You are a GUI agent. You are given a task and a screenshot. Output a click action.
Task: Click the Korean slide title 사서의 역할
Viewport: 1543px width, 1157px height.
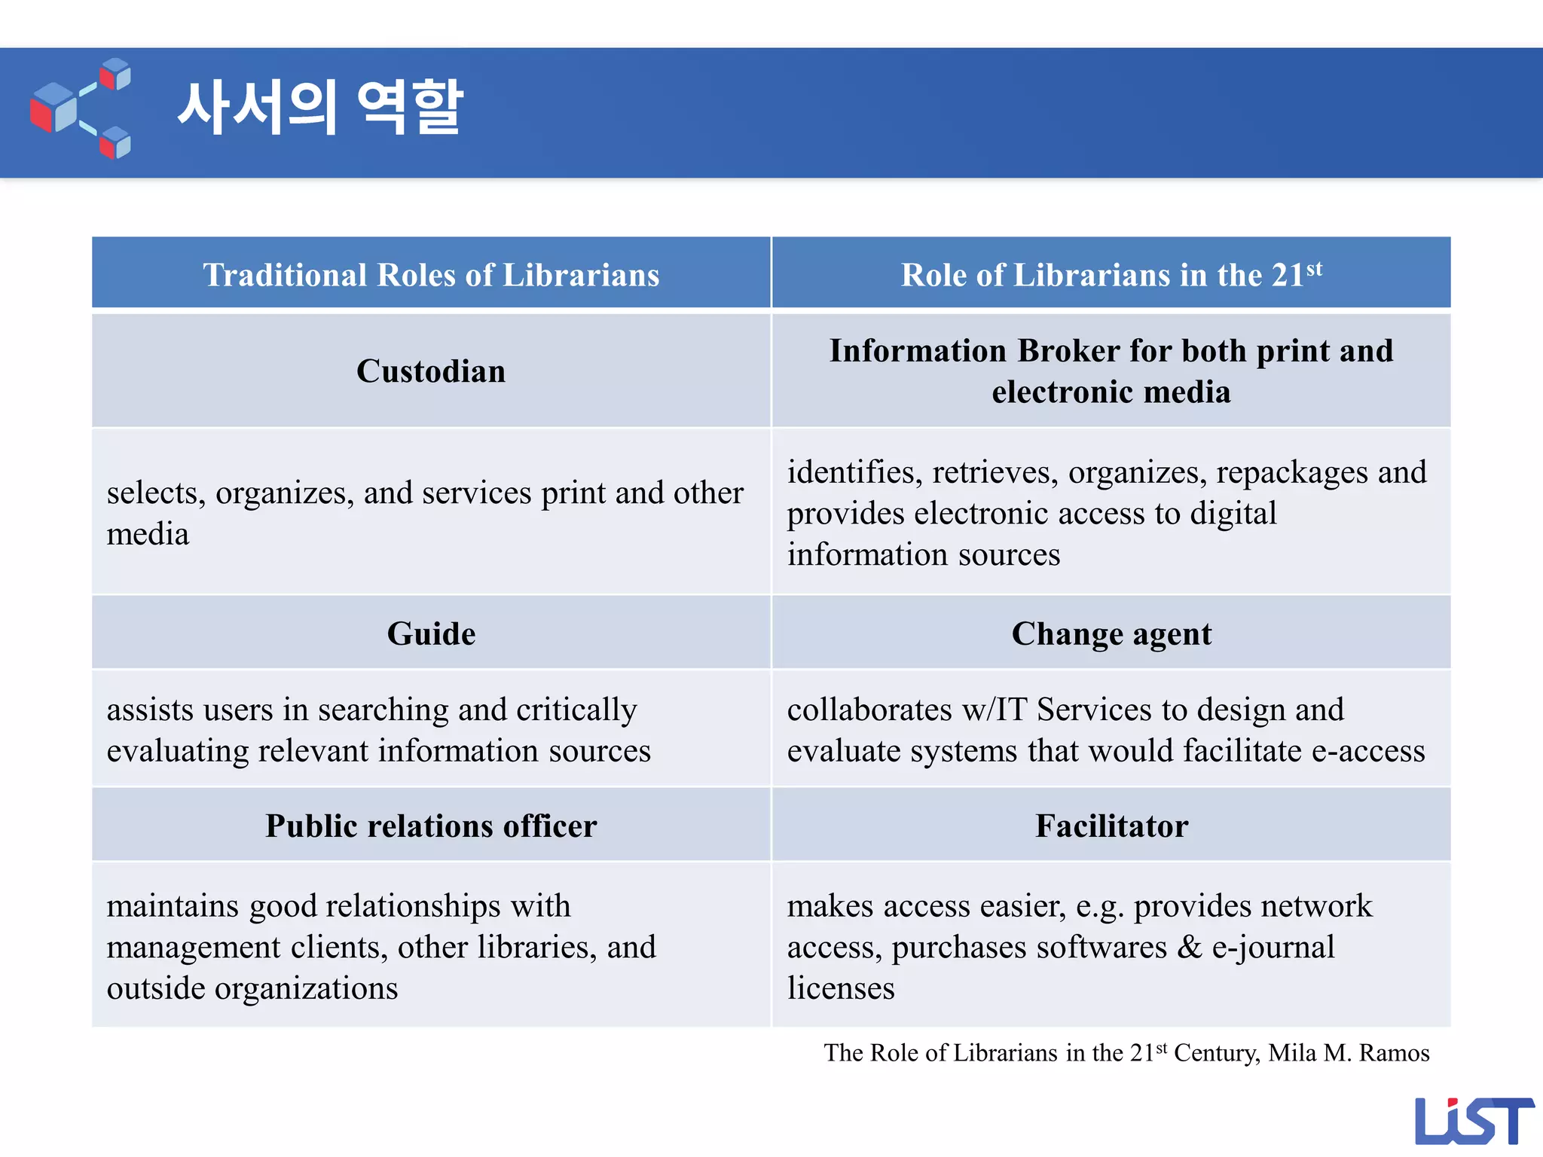click(320, 108)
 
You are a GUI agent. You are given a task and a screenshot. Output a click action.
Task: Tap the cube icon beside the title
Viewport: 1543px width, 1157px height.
click(81, 108)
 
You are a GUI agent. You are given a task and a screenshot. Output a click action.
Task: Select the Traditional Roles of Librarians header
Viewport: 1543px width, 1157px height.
click(431, 275)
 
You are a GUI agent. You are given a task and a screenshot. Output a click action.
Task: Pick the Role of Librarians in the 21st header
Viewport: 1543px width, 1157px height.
click(1111, 275)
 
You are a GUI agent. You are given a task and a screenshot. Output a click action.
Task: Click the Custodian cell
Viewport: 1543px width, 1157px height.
click(431, 371)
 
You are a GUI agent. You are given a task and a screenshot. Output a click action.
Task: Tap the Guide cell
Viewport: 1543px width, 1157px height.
click(431, 633)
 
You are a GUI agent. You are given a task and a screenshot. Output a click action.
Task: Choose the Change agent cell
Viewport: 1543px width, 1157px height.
click(1111, 633)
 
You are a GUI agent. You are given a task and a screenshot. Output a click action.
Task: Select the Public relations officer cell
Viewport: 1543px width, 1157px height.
click(431, 826)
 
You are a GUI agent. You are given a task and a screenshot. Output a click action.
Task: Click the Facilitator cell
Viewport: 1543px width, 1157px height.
click(1111, 826)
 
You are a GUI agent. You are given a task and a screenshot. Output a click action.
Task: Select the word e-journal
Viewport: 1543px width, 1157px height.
click(1273, 948)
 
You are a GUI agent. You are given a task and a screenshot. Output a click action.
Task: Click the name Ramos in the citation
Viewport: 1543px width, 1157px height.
click(1394, 1053)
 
